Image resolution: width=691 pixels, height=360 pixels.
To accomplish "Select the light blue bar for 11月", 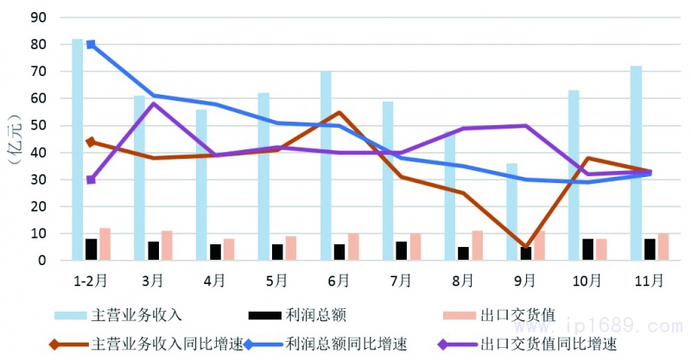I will (x=636, y=162).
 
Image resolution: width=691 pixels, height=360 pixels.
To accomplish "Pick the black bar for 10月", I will (x=587, y=249).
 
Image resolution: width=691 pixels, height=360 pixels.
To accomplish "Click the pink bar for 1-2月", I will (x=105, y=244).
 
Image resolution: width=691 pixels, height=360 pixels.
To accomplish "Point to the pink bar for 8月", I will (x=477, y=245).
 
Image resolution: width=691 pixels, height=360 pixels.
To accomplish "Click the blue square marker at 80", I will (x=91, y=44).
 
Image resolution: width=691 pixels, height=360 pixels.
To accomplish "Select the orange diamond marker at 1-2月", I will (x=91, y=142).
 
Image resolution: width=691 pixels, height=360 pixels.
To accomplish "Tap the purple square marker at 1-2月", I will (x=91, y=180).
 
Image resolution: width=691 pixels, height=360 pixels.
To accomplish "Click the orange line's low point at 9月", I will (x=525, y=247).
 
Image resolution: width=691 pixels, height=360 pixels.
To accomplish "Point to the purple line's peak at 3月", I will (x=153, y=104).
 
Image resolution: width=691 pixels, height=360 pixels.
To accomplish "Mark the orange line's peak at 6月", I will (x=339, y=112).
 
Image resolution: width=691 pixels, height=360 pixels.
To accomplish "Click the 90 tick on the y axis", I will (x=40, y=17).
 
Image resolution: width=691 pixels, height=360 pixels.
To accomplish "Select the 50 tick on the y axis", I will (x=40, y=125).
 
